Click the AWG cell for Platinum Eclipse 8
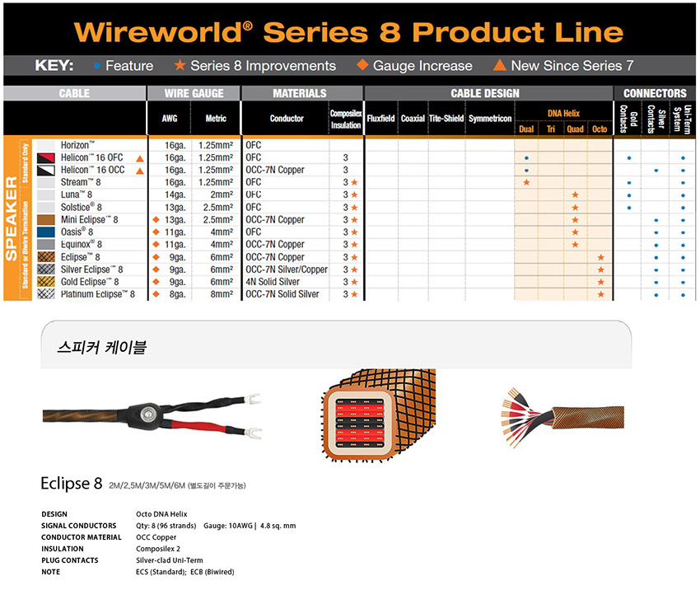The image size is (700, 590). pos(178,294)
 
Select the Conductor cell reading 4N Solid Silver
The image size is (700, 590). pos(273,282)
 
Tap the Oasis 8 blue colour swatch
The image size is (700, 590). pos(46,232)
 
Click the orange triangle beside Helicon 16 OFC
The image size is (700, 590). pos(140,158)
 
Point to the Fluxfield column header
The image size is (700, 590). pos(380,119)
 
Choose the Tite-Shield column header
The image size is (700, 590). pos(446,119)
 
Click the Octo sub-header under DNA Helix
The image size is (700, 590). pos(600,129)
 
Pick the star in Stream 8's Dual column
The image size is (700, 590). pos(527,182)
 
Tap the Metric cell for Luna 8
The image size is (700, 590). pos(222,194)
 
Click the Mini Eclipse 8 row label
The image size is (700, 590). pos(89,220)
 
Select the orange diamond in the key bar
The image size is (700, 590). pos(362,65)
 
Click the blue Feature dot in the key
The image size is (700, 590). pos(97,66)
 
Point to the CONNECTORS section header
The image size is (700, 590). pos(655,93)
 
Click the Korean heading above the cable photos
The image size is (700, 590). pos(102,347)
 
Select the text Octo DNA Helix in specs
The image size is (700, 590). pos(161,514)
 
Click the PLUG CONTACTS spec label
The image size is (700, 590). pos(70,560)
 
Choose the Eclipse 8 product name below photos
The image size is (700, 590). pos(72,483)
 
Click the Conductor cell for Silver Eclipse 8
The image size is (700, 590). pos(287,269)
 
